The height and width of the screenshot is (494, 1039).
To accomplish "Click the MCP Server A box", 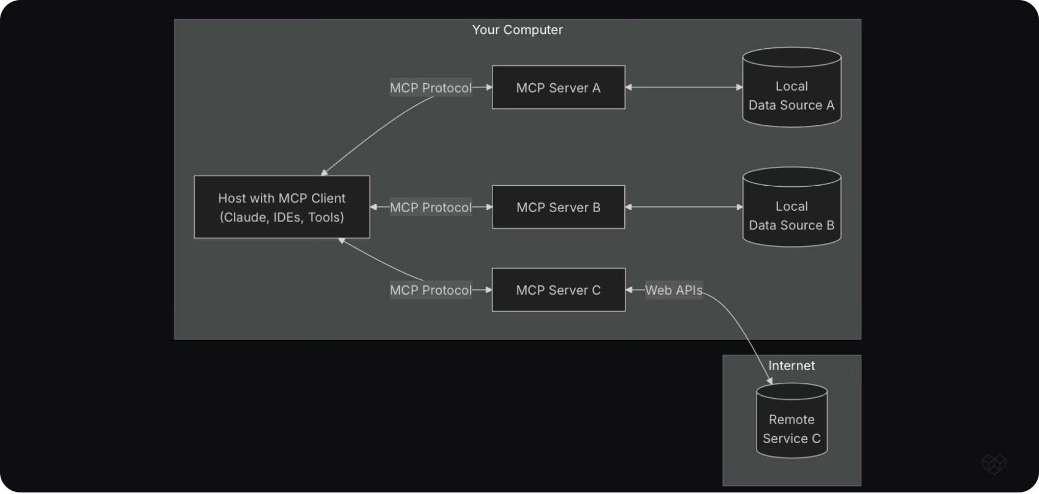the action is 558,87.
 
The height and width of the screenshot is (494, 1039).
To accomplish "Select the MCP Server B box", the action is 558,207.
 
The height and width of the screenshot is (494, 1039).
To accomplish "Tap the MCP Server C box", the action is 558,290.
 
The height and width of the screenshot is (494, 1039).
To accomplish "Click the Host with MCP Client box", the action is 282,207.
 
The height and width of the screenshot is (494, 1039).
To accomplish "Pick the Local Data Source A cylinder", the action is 792,87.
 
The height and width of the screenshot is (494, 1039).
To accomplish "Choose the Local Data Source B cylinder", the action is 792,207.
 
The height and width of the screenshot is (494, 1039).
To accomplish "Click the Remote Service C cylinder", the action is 792,421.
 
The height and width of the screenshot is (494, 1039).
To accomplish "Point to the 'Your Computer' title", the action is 517,30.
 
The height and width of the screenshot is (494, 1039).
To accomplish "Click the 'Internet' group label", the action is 791,366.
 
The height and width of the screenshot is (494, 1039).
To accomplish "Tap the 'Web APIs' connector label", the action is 674,290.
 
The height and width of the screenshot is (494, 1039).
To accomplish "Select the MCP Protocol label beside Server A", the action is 431,88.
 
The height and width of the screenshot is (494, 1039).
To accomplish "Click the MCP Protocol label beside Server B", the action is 431,207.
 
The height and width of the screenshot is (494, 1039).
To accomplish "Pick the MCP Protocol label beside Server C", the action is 431,290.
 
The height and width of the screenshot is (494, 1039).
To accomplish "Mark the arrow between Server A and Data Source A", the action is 684,87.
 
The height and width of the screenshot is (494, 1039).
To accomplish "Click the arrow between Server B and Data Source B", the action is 684,207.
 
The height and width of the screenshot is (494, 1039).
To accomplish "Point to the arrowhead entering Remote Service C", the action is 770,381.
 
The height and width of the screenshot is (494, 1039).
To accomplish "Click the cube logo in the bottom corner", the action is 994,464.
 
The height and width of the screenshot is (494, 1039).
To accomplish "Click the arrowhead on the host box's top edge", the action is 324,172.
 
